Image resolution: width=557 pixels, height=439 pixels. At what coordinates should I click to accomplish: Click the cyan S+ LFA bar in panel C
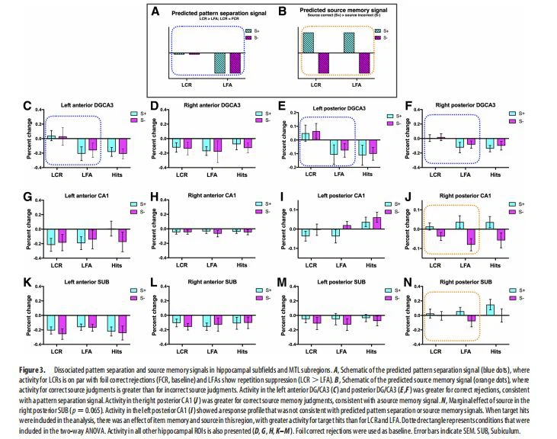click(x=80, y=147)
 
